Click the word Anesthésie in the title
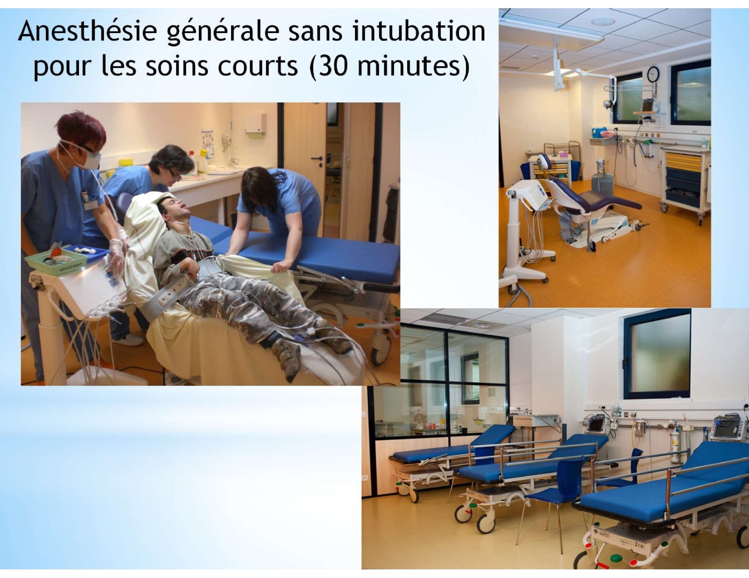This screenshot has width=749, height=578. tap(88, 31)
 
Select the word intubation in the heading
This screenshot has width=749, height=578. tap(419, 31)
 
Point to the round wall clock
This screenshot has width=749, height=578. tap(653, 75)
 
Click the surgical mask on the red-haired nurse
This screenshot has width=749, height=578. tap(89, 159)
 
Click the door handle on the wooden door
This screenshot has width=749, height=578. tap(316, 159)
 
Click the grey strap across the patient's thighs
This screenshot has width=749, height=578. tap(169, 298)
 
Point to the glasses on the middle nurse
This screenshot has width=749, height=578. tap(175, 175)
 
